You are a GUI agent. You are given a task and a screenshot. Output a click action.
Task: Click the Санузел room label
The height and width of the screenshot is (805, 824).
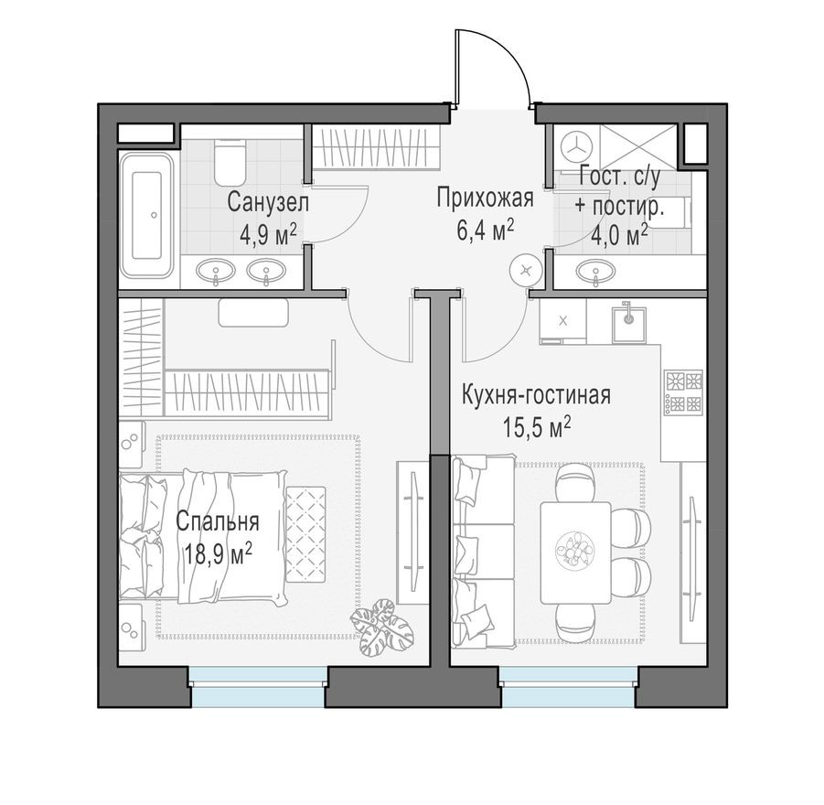click(x=269, y=200)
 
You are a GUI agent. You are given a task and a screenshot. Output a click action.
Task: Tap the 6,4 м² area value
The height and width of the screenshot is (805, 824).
click(x=485, y=228)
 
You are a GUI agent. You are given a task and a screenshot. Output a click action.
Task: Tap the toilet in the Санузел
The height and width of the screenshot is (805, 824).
click(x=229, y=162)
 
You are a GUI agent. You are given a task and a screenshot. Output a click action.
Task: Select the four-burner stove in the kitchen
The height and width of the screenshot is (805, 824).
click(x=682, y=392)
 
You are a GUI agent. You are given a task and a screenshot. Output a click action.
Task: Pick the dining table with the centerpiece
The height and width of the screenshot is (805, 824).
click(x=575, y=553)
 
